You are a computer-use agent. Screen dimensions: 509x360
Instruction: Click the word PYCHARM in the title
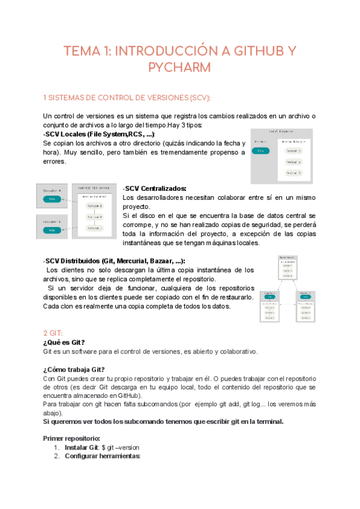point(179,67)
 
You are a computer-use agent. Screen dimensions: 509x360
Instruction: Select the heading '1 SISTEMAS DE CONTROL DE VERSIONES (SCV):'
point(127,98)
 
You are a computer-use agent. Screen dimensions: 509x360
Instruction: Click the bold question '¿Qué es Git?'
point(68,342)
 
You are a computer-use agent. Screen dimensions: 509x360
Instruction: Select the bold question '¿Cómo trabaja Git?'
point(74,369)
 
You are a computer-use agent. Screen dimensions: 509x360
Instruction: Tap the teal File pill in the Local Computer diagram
point(261,151)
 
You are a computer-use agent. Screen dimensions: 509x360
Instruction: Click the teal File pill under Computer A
point(52,199)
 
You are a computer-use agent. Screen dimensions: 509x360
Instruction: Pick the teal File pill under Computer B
point(52,229)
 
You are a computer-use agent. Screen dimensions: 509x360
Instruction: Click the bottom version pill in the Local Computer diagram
point(294,173)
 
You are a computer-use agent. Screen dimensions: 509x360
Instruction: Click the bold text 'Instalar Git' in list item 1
point(82,447)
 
